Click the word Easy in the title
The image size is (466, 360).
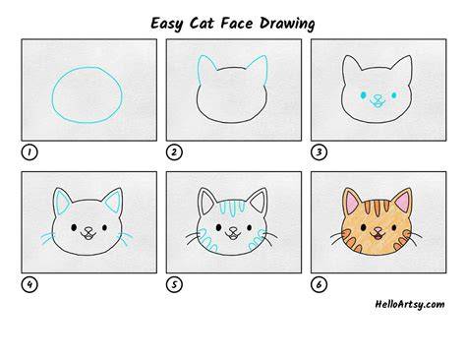pyautogui.click(x=166, y=24)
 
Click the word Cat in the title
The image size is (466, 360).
pyautogui.click(x=202, y=24)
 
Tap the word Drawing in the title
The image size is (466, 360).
pyautogui.click(x=287, y=24)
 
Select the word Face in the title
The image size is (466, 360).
pyautogui.click(x=237, y=24)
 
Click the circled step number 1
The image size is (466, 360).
pyautogui.click(x=29, y=152)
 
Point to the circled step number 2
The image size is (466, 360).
pyautogui.click(x=174, y=152)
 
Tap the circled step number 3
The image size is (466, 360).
pyautogui.click(x=319, y=152)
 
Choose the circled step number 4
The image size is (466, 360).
pyautogui.click(x=29, y=284)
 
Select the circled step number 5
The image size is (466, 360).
pyautogui.click(x=174, y=284)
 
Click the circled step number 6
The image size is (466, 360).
pyautogui.click(x=319, y=284)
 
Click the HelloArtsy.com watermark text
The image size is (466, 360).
pyautogui.click(x=410, y=304)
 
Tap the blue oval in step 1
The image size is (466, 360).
pyautogui.click(x=52, y=95)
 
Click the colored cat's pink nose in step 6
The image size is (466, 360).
pyautogui.click(x=378, y=228)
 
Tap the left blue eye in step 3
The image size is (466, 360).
pyautogui.click(x=363, y=95)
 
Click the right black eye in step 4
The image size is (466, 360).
pyautogui.click(x=104, y=227)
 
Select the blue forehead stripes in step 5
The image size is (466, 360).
pyautogui.click(x=232, y=208)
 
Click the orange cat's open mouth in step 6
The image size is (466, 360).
pyautogui.click(x=378, y=235)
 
